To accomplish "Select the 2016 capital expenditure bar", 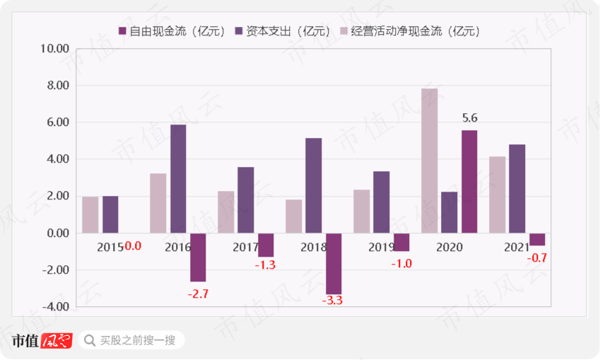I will coord(178,179).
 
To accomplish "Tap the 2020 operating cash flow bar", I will coord(430,161).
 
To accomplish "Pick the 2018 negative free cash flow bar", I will coord(334,263).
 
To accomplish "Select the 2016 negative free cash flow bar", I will coord(198,257).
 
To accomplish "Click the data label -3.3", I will coord(333,301).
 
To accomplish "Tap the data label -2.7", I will coord(198,293).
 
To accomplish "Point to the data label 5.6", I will coord(469,119).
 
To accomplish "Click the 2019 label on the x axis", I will coord(382,247).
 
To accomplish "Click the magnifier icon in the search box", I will coord(90,340).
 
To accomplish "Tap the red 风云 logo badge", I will coord(57,340).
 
